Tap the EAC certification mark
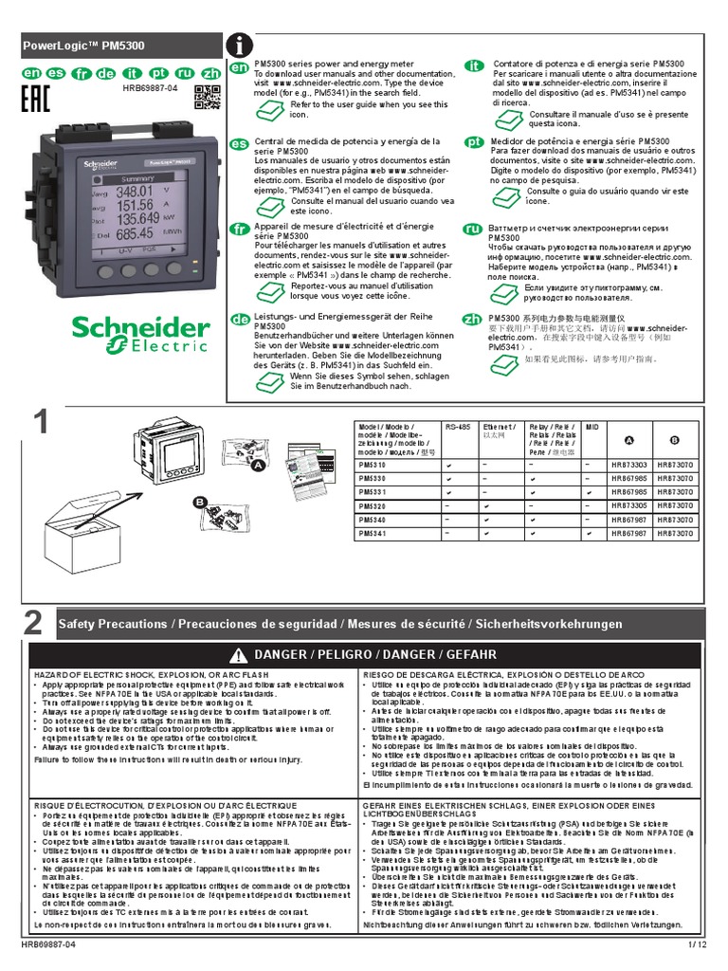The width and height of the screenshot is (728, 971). coord(34,101)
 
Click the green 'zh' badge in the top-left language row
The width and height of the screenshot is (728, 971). coord(211,72)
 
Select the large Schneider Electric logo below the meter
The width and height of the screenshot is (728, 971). coord(140,334)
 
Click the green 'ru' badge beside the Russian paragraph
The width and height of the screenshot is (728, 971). coord(472,229)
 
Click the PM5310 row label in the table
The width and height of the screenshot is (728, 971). coord(373,465)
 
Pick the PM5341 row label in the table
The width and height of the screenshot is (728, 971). coord(373,534)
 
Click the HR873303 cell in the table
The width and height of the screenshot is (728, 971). coord(628,465)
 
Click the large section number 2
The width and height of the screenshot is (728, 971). coord(34,623)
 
